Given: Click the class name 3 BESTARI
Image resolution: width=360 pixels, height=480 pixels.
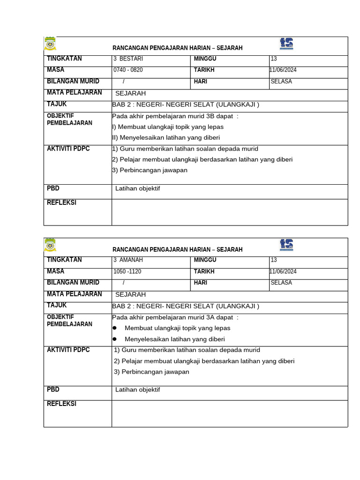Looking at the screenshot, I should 128,59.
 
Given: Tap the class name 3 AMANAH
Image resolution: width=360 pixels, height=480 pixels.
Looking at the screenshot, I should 128,260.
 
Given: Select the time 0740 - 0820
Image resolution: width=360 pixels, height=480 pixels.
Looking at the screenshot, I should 128,70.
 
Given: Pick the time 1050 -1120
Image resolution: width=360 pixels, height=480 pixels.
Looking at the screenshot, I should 127,271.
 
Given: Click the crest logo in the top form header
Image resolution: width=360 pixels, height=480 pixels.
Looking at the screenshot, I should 50,44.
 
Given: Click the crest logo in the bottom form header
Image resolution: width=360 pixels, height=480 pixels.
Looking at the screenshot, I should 50,245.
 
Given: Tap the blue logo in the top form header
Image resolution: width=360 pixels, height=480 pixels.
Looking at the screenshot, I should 286,44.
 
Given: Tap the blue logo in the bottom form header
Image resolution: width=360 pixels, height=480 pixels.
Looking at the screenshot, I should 286,245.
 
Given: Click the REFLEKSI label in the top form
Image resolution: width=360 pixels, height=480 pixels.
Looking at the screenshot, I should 61,203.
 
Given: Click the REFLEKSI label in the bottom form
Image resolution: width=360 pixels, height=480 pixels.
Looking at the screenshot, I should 61,404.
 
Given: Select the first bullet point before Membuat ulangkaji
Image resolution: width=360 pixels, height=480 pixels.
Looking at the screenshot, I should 114,328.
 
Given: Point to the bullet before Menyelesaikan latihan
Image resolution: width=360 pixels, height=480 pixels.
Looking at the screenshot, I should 114,339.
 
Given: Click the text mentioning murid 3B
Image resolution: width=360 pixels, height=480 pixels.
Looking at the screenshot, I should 175,116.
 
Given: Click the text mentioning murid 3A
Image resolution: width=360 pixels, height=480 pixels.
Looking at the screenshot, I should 175,317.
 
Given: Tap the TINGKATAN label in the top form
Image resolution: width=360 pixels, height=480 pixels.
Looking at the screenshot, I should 64,59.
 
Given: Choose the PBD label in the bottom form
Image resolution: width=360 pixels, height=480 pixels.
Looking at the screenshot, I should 53,390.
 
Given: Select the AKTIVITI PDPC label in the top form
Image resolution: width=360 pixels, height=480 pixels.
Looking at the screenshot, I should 68,149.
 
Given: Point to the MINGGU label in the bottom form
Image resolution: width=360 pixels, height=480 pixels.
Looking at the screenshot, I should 205,260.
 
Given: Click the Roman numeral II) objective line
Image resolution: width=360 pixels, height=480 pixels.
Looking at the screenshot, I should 166,138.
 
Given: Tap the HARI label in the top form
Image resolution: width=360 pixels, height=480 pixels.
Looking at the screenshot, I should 200,82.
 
